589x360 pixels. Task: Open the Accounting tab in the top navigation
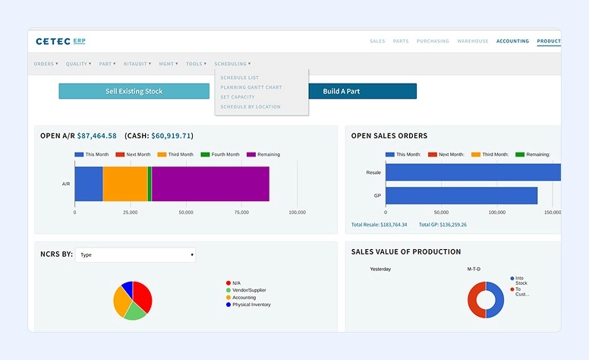512,41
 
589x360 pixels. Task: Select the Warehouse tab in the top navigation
473,41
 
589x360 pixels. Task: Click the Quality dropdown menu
78,64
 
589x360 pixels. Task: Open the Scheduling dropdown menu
232,64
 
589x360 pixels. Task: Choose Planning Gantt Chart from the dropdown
250,87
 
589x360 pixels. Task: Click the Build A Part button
362,91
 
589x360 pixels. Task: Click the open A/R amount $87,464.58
97,136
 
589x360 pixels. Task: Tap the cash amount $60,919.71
171,136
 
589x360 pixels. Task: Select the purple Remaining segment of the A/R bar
210,184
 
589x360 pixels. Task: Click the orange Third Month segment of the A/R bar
124,184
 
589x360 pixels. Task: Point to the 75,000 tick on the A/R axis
241,213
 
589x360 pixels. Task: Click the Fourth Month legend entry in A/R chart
220,154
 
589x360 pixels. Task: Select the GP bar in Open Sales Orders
461,195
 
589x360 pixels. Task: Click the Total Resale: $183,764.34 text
380,225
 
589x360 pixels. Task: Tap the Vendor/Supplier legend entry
249,290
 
